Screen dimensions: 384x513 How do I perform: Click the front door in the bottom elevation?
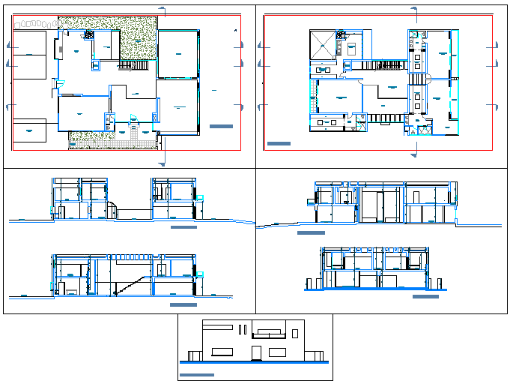pyautogui.click(x=256, y=352)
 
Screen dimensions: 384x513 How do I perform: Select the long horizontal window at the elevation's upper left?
pyautogui.click(x=218, y=326)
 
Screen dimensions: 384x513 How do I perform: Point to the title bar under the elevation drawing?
pyautogui.click(x=198, y=374)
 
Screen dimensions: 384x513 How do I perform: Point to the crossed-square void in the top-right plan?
pyautogui.click(x=323, y=43)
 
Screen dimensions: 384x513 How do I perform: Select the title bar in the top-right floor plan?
pyautogui.click(x=279, y=142)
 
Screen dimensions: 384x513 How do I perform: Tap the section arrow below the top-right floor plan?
pyautogui.click(x=415, y=155)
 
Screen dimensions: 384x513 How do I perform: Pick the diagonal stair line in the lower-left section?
pyautogui.click(x=127, y=286)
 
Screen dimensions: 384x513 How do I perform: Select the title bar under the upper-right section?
pyautogui.click(x=311, y=233)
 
